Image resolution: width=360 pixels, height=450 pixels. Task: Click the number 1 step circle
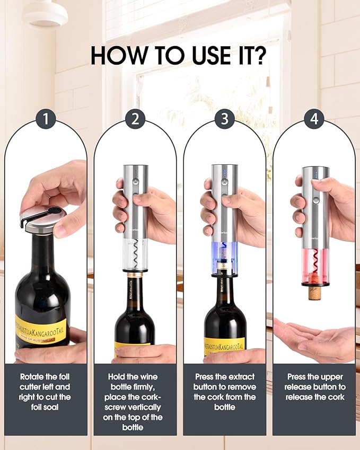[x=46, y=119]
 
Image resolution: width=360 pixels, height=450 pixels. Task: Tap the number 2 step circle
[x=135, y=119]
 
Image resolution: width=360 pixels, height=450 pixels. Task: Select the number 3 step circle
[x=225, y=119]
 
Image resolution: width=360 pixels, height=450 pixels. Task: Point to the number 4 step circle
[x=314, y=119]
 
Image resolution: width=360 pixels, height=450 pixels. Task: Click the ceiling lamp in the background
[x=45, y=14]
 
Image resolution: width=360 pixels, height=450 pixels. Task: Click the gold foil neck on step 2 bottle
[x=135, y=275]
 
